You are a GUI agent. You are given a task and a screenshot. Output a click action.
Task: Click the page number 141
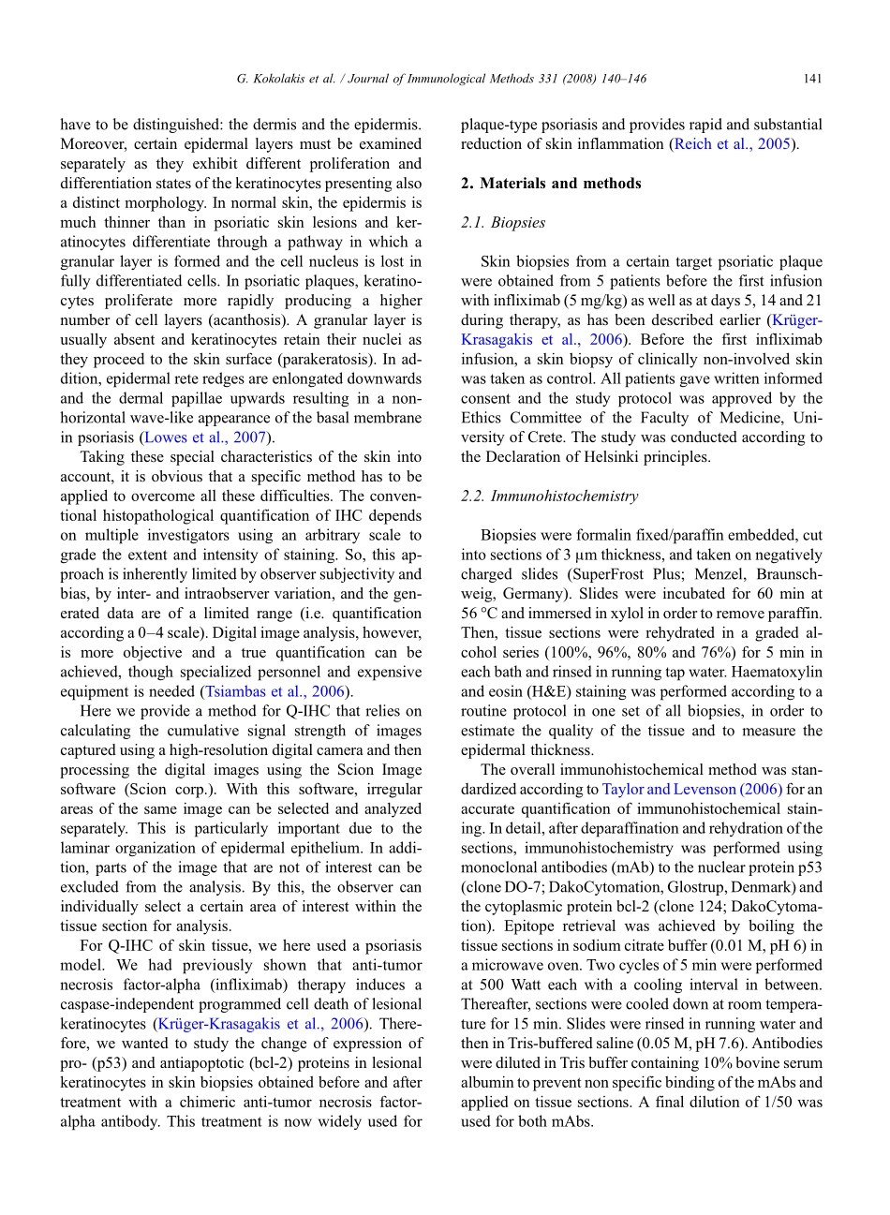pyautogui.click(x=812, y=79)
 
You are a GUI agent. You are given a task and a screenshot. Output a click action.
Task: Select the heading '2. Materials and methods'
pyautogui.click(x=551, y=184)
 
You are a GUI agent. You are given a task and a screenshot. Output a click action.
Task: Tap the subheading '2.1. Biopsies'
pyautogui.click(x=502, y=223)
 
